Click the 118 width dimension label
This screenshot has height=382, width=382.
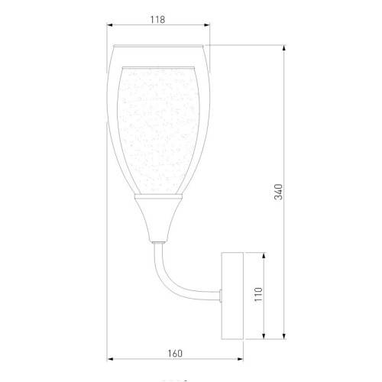coord(159,21)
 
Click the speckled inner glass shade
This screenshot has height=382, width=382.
coord(158,130)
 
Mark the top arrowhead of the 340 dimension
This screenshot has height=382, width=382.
coord(285,47)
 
